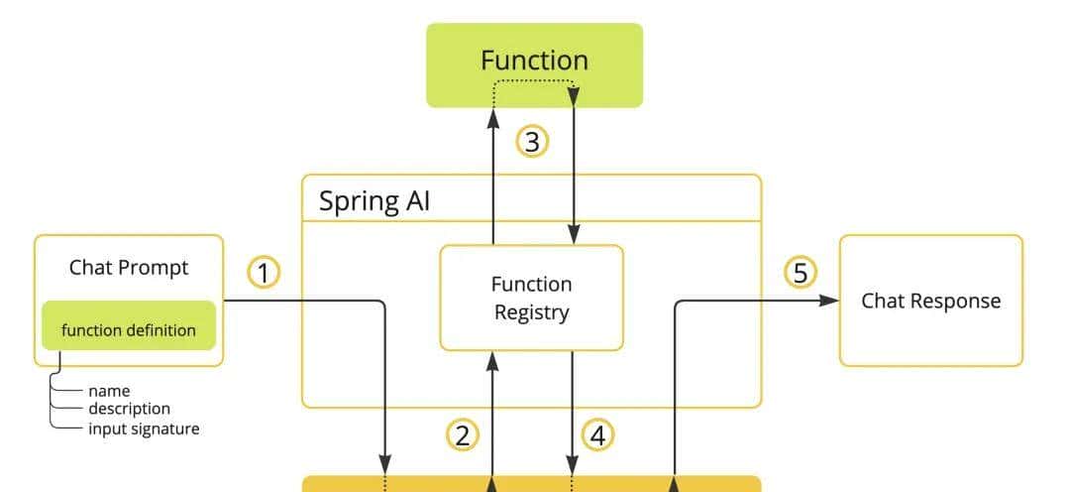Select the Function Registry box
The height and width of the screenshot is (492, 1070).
click(x=531, y=298)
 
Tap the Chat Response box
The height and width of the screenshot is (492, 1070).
click(x=930, y=301)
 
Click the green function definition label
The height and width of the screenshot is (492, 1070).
click(x=129, y=330)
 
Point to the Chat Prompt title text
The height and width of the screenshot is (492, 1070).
click(x=129, y=267)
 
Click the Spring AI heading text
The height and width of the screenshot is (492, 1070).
click(x=374, y=201)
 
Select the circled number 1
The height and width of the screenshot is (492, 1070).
click(x=264, y=272)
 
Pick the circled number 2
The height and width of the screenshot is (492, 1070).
click(x=462, y=434)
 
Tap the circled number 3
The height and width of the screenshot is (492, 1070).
click(x=532, y=142)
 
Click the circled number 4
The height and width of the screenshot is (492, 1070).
click(x=598, y=434)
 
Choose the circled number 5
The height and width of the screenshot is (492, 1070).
click(x=801, y=272)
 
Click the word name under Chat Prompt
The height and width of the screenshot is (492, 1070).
click(x=109, y=391)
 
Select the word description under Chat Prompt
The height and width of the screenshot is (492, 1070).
click(x=129, y=409)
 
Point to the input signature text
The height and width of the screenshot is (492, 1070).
click(x=144, y=429)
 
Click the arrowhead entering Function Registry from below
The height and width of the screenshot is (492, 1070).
click(x=492, y=359)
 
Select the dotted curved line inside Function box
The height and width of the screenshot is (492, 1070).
click(x=533, y=81)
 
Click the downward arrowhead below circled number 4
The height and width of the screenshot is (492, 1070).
click(x=573, y=464)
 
